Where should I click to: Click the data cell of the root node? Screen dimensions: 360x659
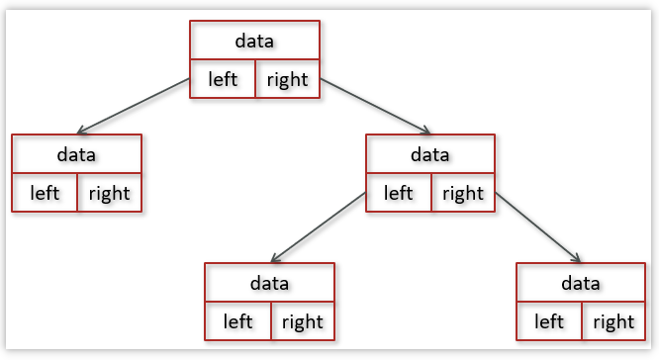254,41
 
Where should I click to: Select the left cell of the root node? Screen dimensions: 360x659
223,79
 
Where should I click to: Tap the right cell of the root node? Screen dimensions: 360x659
287,79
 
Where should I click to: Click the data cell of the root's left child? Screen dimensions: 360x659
76,154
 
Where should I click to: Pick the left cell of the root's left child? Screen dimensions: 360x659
45,193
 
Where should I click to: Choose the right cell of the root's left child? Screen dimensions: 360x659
109,193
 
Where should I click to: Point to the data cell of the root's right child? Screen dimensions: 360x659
429,154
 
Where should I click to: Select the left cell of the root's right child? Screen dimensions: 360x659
399,193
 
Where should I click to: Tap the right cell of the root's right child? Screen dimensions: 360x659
462,193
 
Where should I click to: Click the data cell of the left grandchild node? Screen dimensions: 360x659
269,283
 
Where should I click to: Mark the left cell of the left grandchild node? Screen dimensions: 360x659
237,321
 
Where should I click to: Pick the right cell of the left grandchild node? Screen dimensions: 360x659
302,321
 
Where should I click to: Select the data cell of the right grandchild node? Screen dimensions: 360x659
581,283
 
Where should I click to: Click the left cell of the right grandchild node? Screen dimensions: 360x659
549,321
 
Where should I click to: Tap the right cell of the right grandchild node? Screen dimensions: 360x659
613,321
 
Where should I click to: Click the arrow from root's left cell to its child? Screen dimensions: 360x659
134,106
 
